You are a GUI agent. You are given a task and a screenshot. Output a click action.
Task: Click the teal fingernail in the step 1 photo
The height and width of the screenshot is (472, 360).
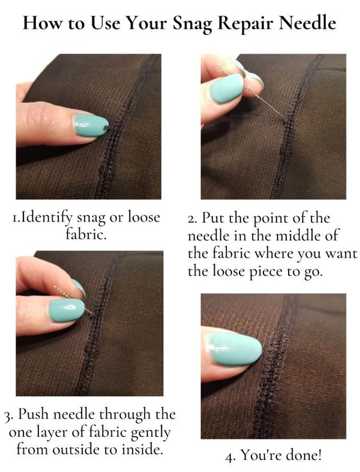point(83,124)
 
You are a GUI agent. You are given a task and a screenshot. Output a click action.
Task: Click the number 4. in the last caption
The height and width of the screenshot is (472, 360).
point(230,456)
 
